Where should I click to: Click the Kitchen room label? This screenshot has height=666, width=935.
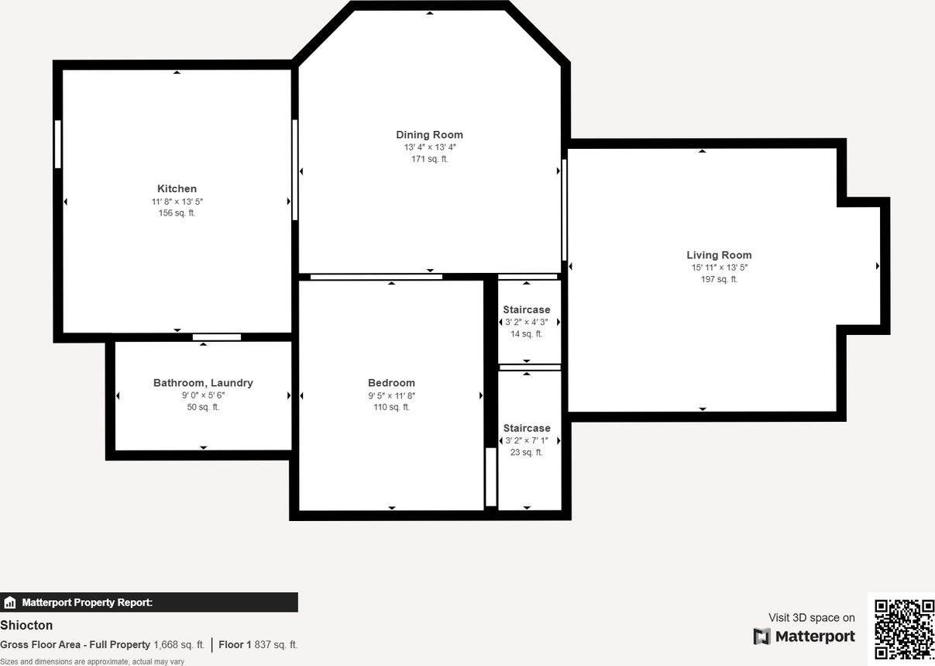pos(177,188)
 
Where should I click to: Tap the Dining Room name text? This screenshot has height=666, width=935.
pos(429,135)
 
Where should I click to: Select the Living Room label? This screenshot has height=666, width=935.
pos(719,255)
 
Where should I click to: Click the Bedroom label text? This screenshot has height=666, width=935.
pos(391,383)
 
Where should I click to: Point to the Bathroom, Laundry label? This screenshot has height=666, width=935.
pos(203,383)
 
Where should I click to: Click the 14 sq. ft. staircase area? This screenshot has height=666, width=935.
pos(526,334)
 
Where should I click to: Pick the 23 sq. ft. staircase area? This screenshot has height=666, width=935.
pos(526,453)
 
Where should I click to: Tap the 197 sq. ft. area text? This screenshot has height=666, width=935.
pos(719,279)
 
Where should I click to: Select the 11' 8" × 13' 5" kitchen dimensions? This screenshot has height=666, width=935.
pos(177,202)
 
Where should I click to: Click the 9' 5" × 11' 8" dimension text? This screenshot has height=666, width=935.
pos(391,395)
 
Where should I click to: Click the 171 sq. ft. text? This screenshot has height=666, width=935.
pos(429,159)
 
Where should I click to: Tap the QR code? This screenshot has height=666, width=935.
pos(903,629)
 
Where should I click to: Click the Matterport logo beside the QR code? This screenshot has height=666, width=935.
pos(804,637)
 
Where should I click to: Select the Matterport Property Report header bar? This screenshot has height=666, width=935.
pos(149,602)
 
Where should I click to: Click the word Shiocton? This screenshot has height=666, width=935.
pos(26,625)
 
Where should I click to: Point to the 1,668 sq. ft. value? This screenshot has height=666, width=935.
pos(179,645)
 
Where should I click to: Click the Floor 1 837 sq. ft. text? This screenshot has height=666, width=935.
pos(258,645)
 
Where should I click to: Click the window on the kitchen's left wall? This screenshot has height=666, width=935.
pos(57,143)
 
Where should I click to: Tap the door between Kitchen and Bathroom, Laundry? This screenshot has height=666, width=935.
pos(217,336)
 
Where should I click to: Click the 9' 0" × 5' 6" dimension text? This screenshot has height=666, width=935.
pos(203,395)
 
